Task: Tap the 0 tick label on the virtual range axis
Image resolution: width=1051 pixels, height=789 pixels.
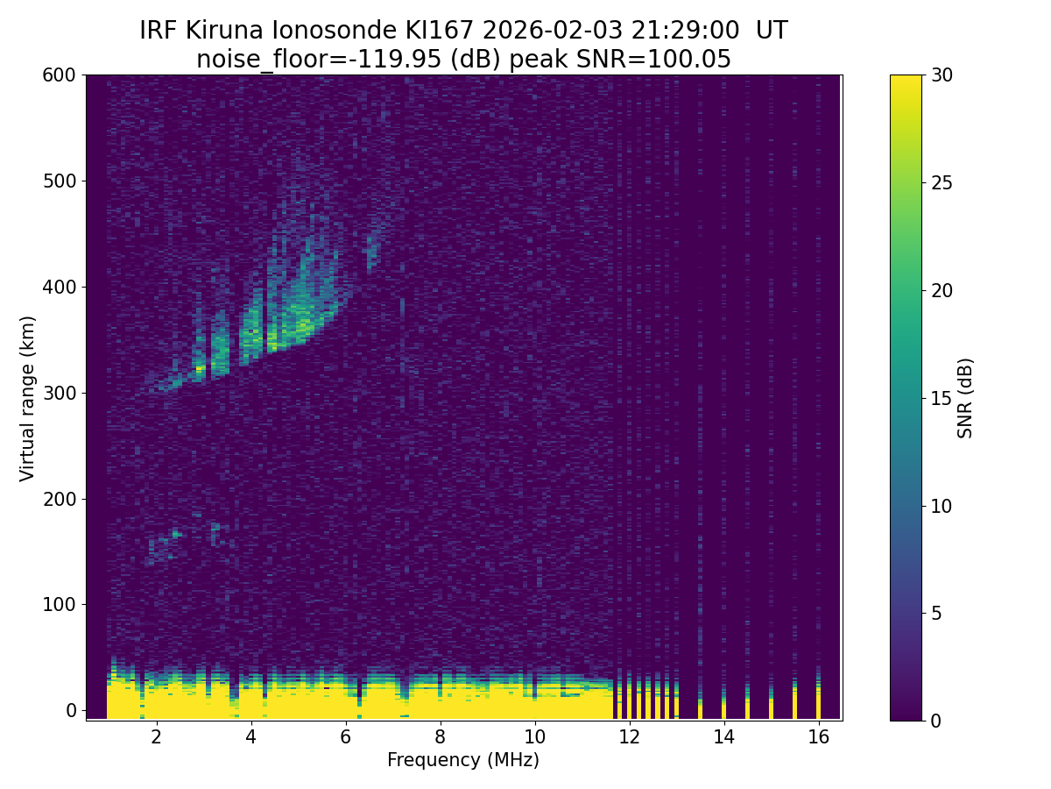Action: (71, 710)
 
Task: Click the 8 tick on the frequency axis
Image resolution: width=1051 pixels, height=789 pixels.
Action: (440, 721)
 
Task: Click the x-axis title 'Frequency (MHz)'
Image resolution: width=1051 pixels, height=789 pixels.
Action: (463, 760)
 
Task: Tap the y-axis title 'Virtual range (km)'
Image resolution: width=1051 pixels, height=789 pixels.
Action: (28, 398)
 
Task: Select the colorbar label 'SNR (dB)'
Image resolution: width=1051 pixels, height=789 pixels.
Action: (965, 398)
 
